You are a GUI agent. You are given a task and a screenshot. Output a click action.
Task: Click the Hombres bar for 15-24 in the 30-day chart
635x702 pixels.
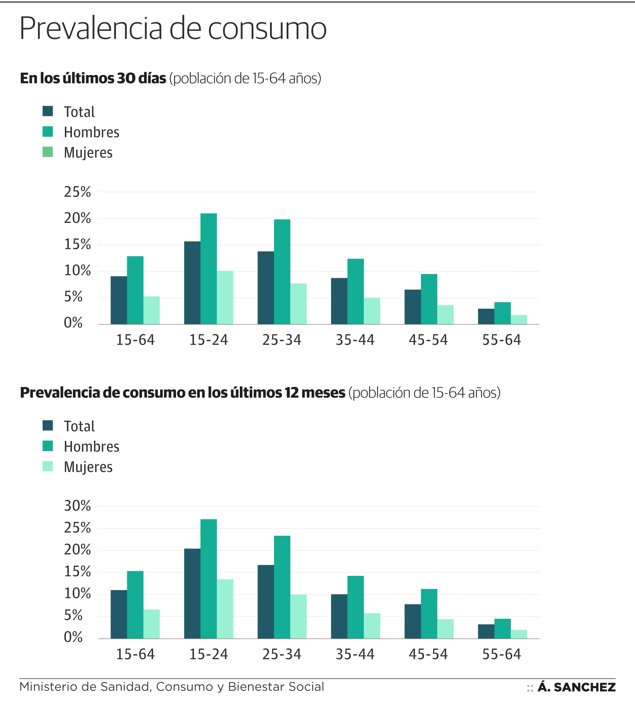click(x=209, y=269)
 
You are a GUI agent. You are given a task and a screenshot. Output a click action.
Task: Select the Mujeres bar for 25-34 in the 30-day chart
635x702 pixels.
click(x=299, y=304)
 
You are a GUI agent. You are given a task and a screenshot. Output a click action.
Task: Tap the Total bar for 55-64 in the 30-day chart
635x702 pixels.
click(x=486, y=316)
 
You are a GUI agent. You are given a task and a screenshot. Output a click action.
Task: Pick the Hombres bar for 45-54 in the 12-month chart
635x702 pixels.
click(x=429, y=614)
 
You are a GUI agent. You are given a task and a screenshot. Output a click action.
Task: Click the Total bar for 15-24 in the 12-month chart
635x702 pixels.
click(x=192, y=594)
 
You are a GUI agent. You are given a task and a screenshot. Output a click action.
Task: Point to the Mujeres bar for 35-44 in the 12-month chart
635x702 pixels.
click(x=372, y=626)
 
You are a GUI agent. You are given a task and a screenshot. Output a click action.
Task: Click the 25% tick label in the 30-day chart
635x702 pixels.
click(x=77, y=192)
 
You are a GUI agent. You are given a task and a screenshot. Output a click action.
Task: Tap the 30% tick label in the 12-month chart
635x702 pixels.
click(x=77, y=506)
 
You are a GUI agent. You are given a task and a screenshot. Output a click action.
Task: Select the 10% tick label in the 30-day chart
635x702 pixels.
click(x=77, y=271)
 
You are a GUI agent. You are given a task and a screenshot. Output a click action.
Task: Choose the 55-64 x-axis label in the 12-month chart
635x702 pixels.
click(x=502, y=654)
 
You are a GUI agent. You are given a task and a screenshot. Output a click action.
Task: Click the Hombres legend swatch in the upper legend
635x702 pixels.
click(x=48, y=132)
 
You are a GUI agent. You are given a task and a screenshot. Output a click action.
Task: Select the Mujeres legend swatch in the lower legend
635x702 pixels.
click(x=48, y=466)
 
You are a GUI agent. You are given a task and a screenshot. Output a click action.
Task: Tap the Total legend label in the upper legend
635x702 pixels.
click(x=79, y=112)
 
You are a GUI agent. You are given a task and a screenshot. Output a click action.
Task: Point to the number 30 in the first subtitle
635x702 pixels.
click(x=126, y=78)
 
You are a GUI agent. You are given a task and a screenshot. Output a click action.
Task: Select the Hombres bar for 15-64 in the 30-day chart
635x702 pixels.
click(x=135, y=290)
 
